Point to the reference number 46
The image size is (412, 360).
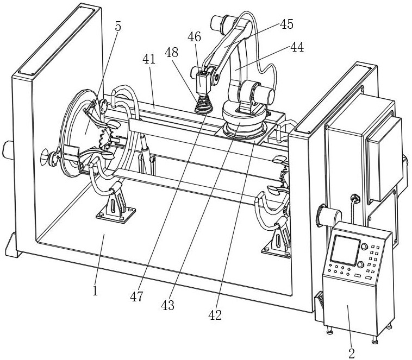(194, 37)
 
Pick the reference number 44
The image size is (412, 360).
(297, 48)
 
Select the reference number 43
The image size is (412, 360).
(167, 306)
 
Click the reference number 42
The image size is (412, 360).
(215, 315)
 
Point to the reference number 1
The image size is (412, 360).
(95, 291)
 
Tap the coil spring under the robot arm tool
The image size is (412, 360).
(202, 103)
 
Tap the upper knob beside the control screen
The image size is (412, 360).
(364, 247)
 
